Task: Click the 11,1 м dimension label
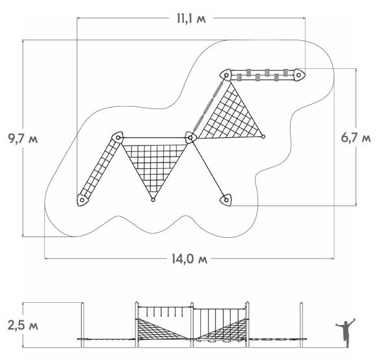[x=191, y=19]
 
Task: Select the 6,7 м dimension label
[x=356, y=138]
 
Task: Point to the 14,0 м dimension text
[x=190, y=259]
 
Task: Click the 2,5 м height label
[x=23, y=326]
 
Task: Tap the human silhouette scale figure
[x=346, y=333]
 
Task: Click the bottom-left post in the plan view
[x=83, y=200]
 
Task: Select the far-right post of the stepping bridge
[x=299, y=75]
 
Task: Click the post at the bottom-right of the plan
[x=226, y=200]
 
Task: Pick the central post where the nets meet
[x=190, y=138]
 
